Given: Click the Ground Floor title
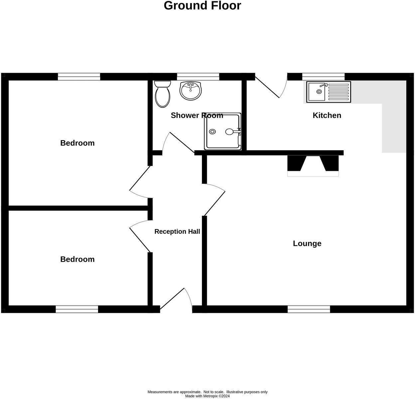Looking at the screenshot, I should pyautogui.click(x=202, y=6).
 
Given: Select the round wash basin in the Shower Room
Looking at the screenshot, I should pyautogui.click(x=191, y=90).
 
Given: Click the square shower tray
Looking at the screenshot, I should pyautogui.click(x=222, y=131).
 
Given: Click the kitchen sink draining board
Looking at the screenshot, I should pyautogui.click(x=339, y=91).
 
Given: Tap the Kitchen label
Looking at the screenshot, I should pyautogui.click(x=327, y=115).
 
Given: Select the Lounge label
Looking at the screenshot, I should pyautogui.click(x=307, y=243).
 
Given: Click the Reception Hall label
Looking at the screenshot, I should pyautogui.click(x=177, y=231).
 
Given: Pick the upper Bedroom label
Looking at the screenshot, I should pyautogui.click(x=77, y=143).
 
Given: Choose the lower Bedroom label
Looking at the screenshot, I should pyautogui.click(x=77, y=259).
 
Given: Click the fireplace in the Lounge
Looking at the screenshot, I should pyautogui.click(x=313, y=166).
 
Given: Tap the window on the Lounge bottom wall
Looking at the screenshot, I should pyautogui.click(x=309, y=310).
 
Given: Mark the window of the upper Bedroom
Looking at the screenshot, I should pyautogui.click(x=79, y=77).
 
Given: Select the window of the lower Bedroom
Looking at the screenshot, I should pyautogui.click(x=77, y=310).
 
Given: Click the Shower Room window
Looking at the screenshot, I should pyautogui.click(x=198, y=77).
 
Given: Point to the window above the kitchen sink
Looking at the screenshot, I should pyautogui.click(x=323, y=77).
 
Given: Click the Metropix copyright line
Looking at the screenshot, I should pyautogui.click(x=207, y=396).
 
